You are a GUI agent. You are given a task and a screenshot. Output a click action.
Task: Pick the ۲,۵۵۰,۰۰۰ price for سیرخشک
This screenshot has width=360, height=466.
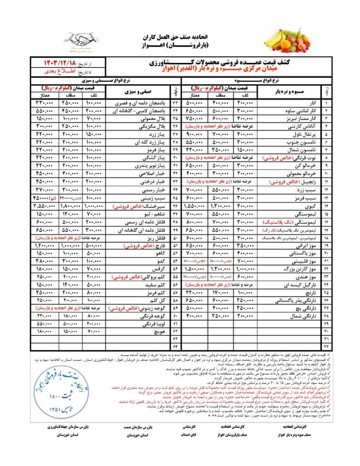pos(45,206)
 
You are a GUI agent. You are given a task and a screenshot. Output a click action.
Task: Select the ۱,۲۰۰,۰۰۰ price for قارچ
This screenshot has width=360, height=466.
pos(45,245)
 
